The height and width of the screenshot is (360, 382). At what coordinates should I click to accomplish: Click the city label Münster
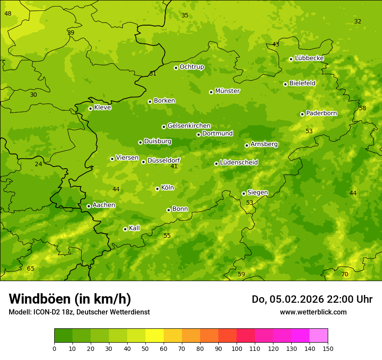pos(227,91)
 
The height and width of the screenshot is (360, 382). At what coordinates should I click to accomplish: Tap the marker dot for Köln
pos(157,189)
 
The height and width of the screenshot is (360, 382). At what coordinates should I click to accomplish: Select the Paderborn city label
pos(321,113)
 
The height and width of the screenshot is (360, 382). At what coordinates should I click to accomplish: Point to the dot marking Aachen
pos(89,206)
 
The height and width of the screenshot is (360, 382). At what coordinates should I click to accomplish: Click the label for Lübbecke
pos(309,58)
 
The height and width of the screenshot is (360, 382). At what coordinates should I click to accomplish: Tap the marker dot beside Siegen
pos(244,193)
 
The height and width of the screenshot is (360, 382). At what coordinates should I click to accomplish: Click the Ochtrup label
pos(191,67)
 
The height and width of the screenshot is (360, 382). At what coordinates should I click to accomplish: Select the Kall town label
pos(134,228)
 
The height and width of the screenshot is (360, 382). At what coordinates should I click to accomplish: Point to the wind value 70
pos(345,275)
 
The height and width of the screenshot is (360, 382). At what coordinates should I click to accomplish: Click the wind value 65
pos(30,269)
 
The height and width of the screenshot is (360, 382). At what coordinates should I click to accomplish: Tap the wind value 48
pos(8,14)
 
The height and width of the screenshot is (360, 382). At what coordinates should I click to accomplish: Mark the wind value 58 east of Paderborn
pos(362,108)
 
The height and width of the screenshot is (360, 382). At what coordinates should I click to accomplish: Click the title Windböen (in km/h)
pos(70,299)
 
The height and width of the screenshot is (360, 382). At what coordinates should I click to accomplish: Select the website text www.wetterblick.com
pos(313,312)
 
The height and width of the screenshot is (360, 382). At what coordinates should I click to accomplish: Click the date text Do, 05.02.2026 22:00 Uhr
pos(312,299)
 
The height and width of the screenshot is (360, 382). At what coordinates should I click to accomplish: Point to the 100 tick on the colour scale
pos(237,348)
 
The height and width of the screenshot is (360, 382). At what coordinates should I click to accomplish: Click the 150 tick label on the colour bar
pos(328,348)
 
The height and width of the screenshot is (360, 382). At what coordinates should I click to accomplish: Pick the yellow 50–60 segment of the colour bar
pos(155,336)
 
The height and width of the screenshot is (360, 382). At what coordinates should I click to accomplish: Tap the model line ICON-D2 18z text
pos(79,312)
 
